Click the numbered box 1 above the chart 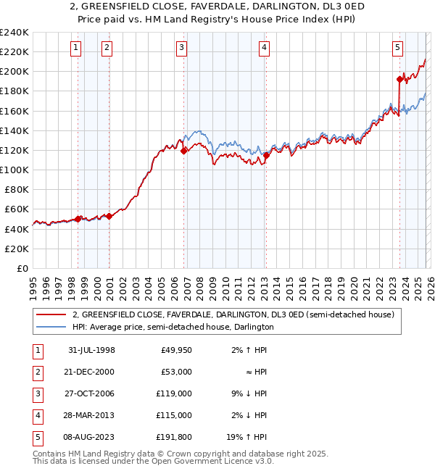click(77, 49)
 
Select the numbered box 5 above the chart click(398, 49)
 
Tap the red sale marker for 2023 click(399, 80)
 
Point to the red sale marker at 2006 click(184, 151)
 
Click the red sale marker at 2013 click(266, 155)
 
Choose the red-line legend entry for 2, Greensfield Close click(232, 314)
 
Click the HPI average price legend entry click(173, 327)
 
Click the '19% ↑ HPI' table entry click(247, 437)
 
